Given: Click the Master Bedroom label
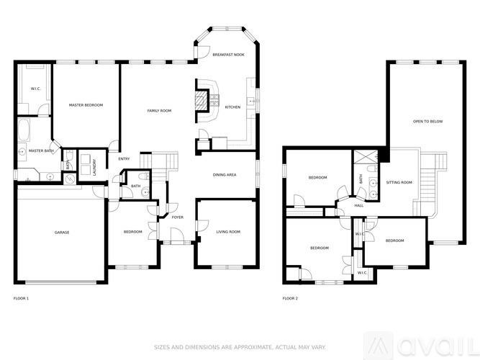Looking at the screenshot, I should [86, 106].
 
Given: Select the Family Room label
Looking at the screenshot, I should [159, 110].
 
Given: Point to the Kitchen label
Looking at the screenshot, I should [232, 107].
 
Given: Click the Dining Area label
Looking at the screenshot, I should [225, 175].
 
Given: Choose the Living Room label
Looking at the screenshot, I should [228, 232].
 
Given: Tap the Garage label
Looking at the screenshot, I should [62, 232].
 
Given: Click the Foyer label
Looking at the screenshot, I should [177, 217].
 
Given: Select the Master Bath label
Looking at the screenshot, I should [41, 150].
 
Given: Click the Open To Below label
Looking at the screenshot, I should [427, 122].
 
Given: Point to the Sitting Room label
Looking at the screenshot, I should [399, 183].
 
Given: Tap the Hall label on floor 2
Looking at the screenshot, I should [358, 205].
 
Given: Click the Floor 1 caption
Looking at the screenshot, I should [22, 297].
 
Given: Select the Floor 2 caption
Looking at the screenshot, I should [290, 297].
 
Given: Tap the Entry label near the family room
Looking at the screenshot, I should [124, 159].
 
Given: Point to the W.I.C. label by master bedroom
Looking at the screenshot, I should [35, 89].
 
